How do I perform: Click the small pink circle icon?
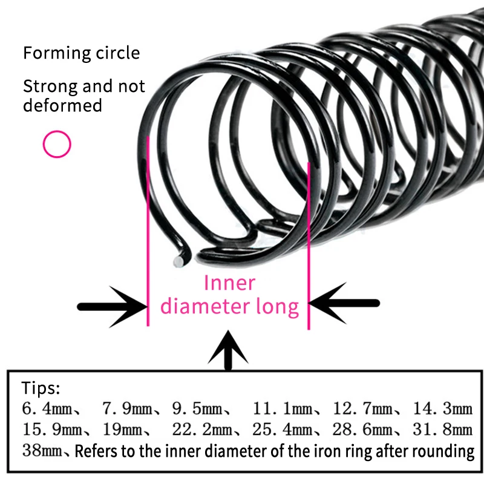point(57,144)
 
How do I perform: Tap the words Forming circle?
point(81,53)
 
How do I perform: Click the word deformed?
point(62,106)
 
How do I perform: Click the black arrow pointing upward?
point(228,350)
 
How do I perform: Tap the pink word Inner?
point(229,283)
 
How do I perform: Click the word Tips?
point(41,388)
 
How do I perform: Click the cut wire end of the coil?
point(179,261)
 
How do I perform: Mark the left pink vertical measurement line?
point(148,230)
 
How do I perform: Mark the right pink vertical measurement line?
point(309,242)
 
